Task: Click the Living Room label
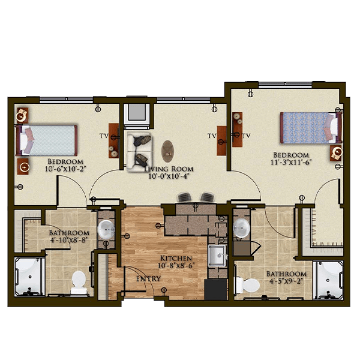coord(169,169)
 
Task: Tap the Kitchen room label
coord(176,258)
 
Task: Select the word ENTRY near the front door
coord(148,279)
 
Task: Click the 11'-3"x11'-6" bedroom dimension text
coord(291,163)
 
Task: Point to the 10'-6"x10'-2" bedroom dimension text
coord(65,169)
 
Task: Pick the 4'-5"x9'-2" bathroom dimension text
coord(286,281)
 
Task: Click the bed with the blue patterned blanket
coord(311,127)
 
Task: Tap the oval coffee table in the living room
coord(167,151)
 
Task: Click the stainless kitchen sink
coord(217,256)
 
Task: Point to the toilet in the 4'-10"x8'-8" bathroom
coord(79,282)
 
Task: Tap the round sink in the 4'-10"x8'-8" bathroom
coord(106,229)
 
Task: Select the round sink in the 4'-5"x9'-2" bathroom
coord(241,228)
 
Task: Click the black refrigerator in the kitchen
coord(215,289)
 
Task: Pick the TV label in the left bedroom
coord(104,136)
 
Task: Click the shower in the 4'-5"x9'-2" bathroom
coord(328,280)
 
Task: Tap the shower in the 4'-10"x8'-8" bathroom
coord(29,277)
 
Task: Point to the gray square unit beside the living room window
coord(137,112)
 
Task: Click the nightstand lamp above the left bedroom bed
coord(22,115)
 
